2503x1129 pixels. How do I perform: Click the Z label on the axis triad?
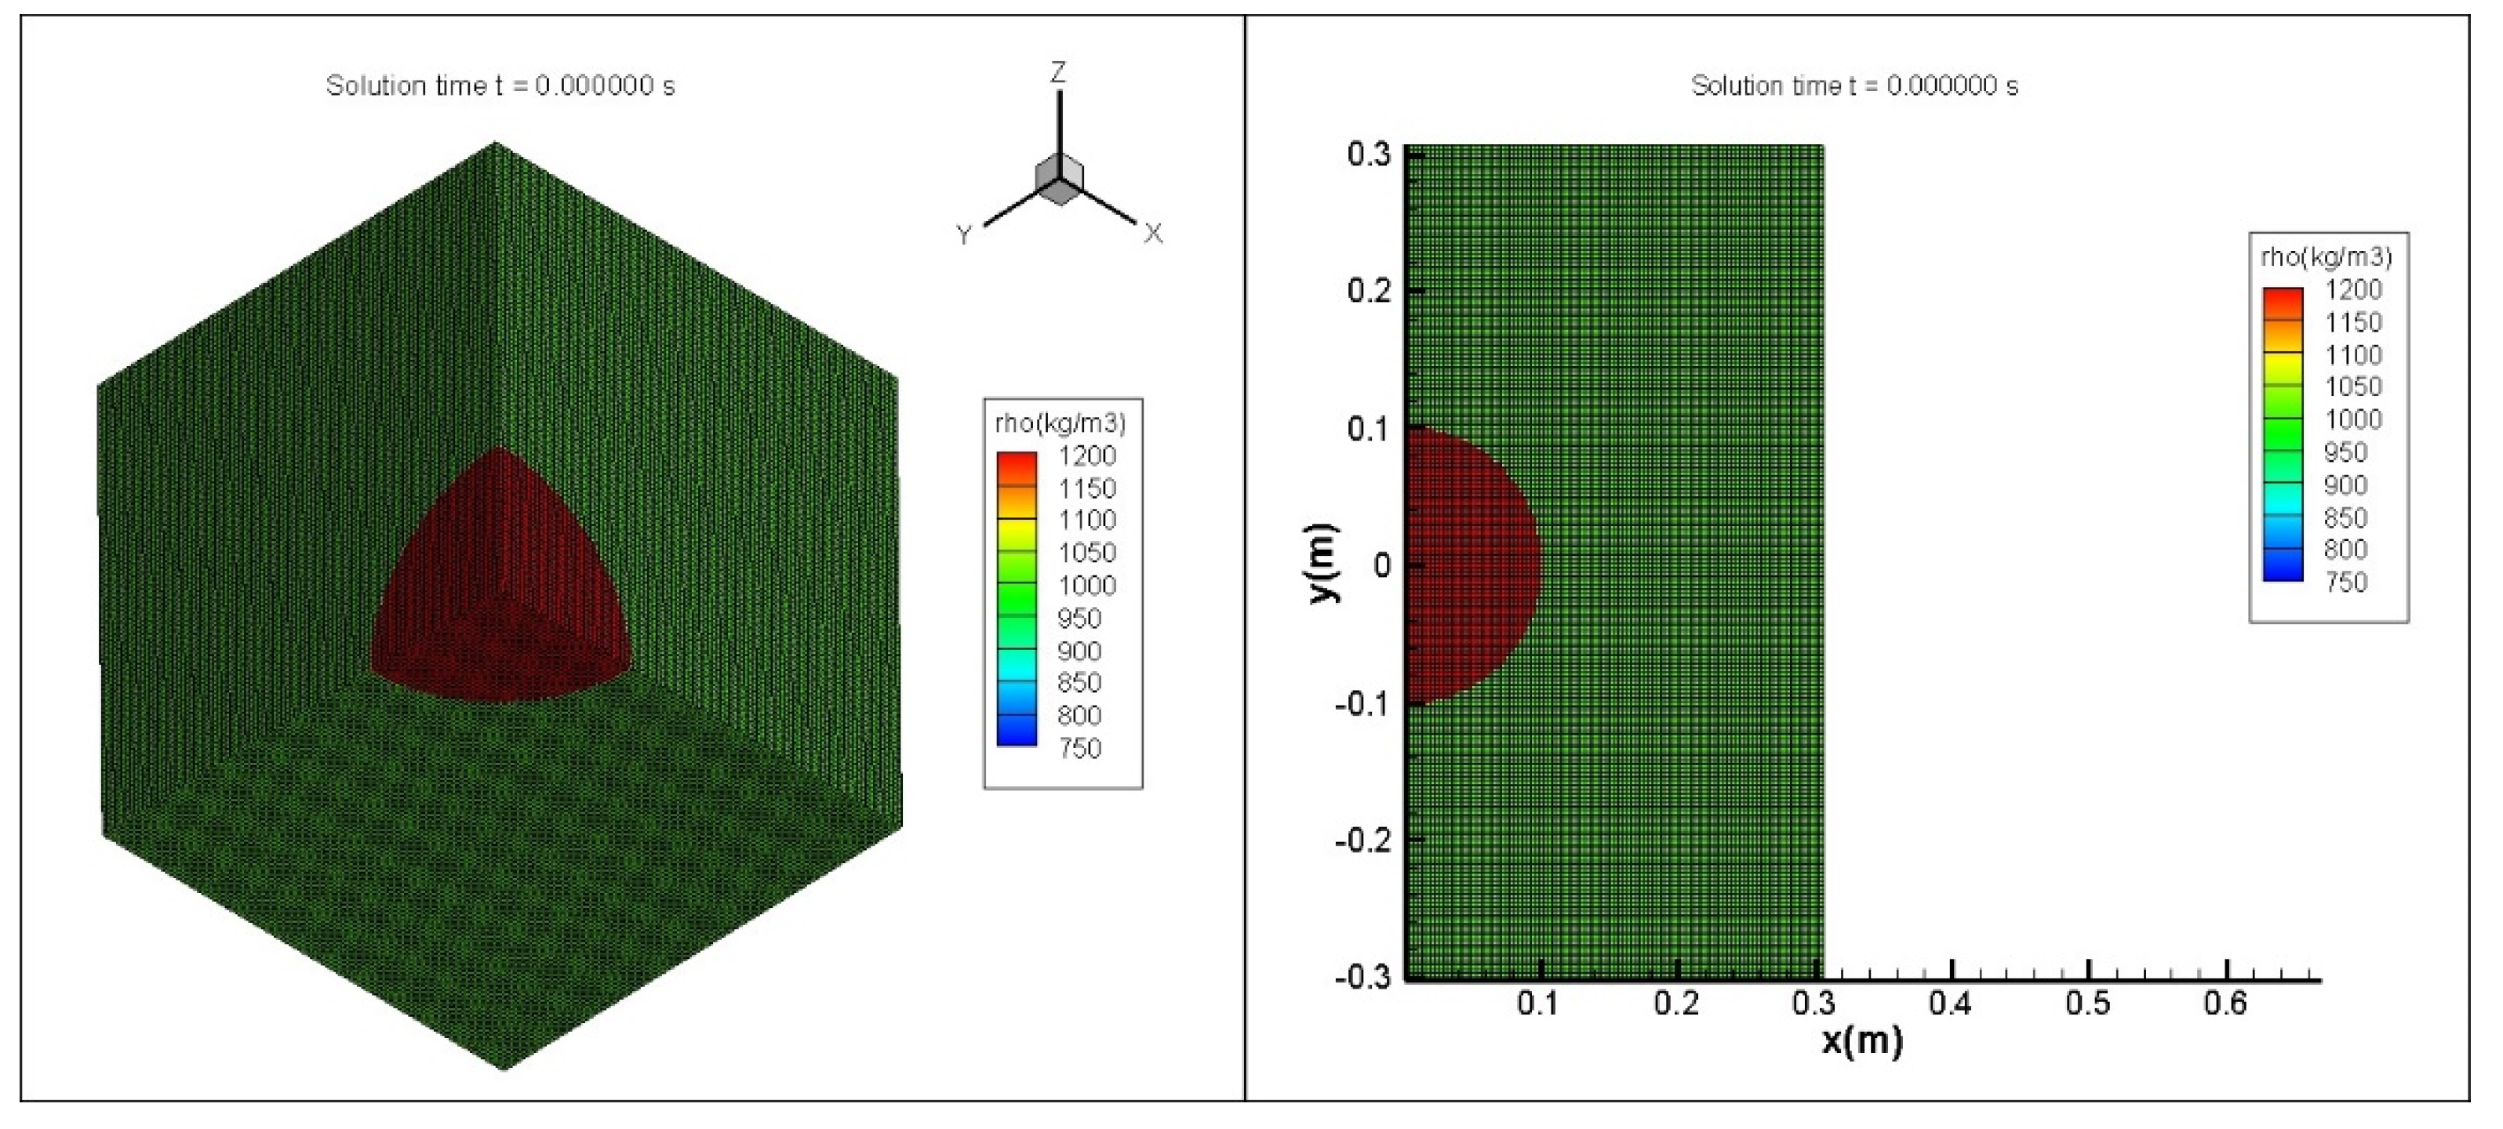tap(1058, 72)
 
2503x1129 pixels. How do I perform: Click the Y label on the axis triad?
tap(964, 235)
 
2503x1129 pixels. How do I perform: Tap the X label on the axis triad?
tap(1152, 233)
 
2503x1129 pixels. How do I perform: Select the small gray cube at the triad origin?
tap(1059, 180)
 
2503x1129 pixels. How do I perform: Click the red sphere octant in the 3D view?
tap(500, 583)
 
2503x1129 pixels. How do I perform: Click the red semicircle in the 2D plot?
tap(1468, 564)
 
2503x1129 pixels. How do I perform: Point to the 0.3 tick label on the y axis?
tap(1368, 154)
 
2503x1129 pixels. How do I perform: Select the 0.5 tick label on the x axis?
tap(2088, 1004)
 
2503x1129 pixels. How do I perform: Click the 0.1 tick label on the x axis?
tap(1538, 1004)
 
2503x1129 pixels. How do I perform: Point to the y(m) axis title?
tap(1323, 563)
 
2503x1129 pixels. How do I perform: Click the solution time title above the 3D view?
tap(500, 85)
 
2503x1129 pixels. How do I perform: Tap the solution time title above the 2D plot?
tap(1854, 85)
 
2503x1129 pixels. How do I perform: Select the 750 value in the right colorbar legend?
tap(2345, 582)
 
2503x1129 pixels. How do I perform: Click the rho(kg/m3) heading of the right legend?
tap(2327, 256)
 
